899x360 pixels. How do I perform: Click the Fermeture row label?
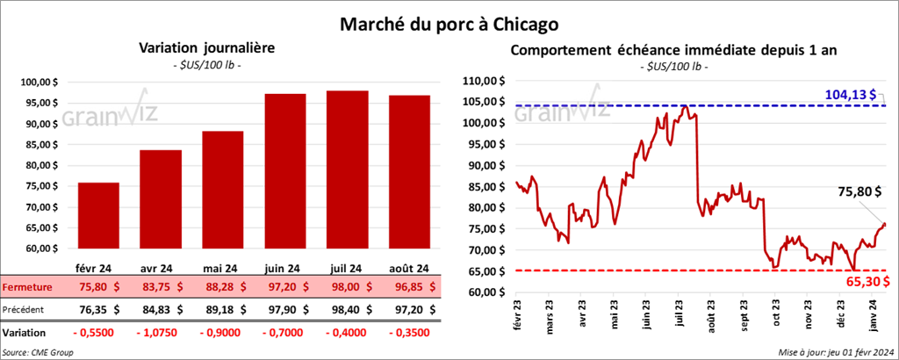(28, 287)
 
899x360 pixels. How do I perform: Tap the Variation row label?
(25, 333)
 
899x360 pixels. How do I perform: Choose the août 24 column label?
(409, 269)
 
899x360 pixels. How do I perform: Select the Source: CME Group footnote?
(38, 352)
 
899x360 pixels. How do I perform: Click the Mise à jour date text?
(836, 352)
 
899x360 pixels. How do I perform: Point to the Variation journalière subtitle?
(201, 49)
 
